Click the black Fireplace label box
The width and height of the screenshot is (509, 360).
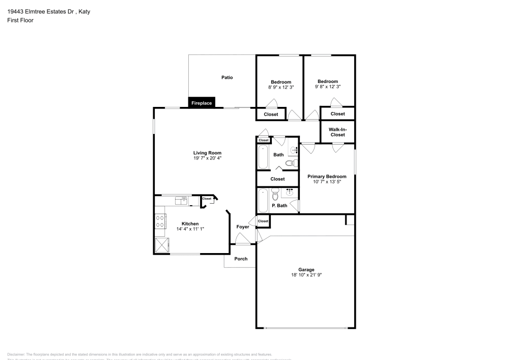coord(202,103)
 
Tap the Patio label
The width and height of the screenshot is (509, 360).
coord(227,77)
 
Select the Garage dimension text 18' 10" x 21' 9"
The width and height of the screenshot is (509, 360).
coord(306,275)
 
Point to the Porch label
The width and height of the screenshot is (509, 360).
coord(241,259)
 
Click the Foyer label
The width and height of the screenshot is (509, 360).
coord(243,227)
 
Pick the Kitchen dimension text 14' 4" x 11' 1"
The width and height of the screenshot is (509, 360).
coord(190,229)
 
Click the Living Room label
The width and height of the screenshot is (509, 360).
coord(207,153)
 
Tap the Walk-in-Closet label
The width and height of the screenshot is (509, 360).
coord(337,132)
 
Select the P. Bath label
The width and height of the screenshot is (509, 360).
coord(279,206)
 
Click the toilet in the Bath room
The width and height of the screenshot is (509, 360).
coord(290,163)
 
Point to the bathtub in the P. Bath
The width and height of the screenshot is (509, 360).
coord(263,201)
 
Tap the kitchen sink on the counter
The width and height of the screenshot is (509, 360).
coord(181,200)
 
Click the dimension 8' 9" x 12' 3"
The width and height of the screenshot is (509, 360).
coord(280,87)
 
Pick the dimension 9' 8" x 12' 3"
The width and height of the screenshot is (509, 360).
coord(327,87)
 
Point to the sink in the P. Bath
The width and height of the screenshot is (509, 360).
coord(290,192)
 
